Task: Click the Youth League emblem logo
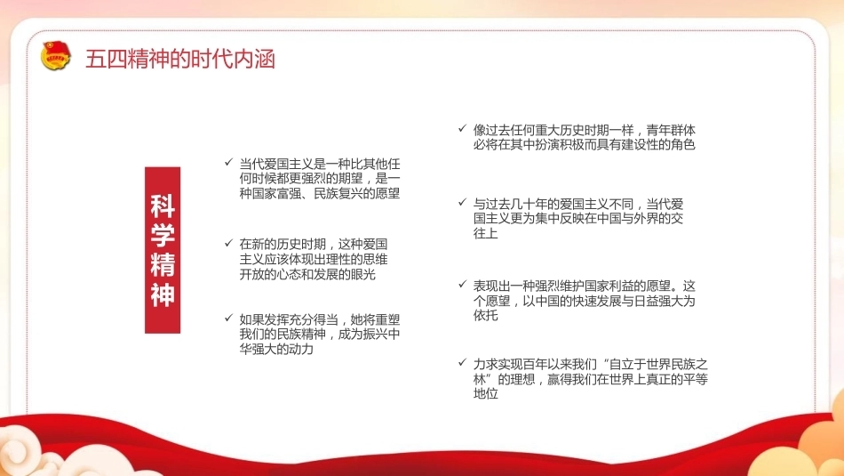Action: point(55,56)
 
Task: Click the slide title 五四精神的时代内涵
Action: point(180,59)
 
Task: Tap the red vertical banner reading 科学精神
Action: point(163,250)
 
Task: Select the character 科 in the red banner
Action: point(163,206)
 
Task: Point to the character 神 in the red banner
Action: point(163,294)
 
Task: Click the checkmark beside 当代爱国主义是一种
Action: point(228,162)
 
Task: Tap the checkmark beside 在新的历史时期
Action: point(228,243)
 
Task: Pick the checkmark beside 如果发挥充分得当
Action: point(228,318)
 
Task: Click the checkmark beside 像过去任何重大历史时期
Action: point(462,128)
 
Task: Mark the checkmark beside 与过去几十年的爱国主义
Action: point(462,202)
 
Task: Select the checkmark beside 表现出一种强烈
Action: point(462,284)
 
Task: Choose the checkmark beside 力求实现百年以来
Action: point(462,362)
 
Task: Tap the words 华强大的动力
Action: point(276,350)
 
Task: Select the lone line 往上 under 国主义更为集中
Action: point(485,233)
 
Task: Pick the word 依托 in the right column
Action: point(485,315)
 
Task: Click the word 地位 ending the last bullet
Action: point(485,393)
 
